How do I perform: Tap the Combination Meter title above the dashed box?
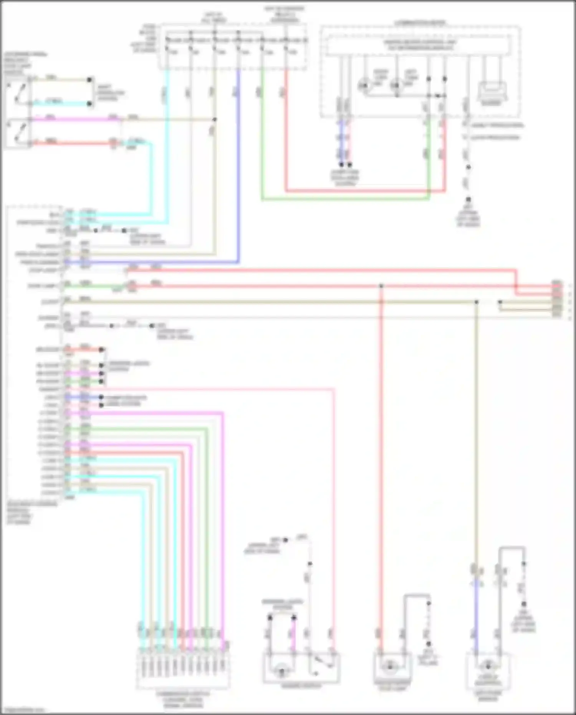(x=420, y=23)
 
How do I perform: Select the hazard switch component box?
(x=301, y=669)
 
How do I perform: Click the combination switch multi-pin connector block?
(x=183, y=669)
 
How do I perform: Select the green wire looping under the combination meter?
(x=346, y=199)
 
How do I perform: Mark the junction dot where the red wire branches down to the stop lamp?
(x=381, y=286)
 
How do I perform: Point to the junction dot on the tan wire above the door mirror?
(x=476, y=302)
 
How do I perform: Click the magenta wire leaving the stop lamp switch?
(x=73, y=119)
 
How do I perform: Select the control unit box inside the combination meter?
(x=419, y=45)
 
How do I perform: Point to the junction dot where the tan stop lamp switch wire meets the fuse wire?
(x=215, y=119)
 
